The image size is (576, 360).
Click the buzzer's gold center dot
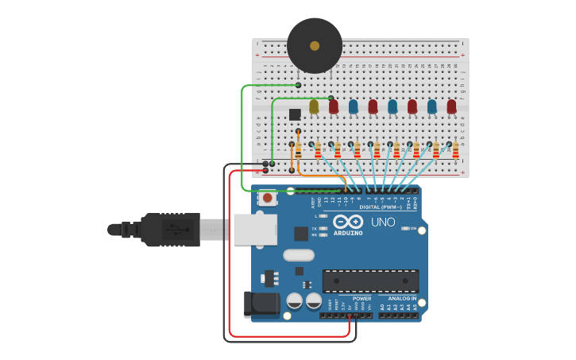[315, 46]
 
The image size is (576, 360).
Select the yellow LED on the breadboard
[314, 106]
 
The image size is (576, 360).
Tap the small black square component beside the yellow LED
[295, 114]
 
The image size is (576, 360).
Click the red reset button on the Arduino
[268, 197]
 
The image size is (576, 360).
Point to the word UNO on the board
[383, 223]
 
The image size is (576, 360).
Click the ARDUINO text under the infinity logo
[348, 233]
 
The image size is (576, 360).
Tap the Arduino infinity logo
[348, 222]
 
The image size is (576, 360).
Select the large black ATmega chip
[370, 281]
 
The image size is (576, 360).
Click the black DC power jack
[261, 305]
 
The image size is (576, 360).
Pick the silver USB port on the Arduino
[255, 229]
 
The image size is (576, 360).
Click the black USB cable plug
[170, 230]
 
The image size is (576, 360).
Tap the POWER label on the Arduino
[361, 299]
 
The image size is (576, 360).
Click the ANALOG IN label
[402, 299]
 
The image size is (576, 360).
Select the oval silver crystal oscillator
[299, 255]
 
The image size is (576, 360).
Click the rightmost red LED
[451, 106]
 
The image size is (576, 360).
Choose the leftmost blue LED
[353, 106]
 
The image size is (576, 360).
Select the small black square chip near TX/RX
[301, 234]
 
